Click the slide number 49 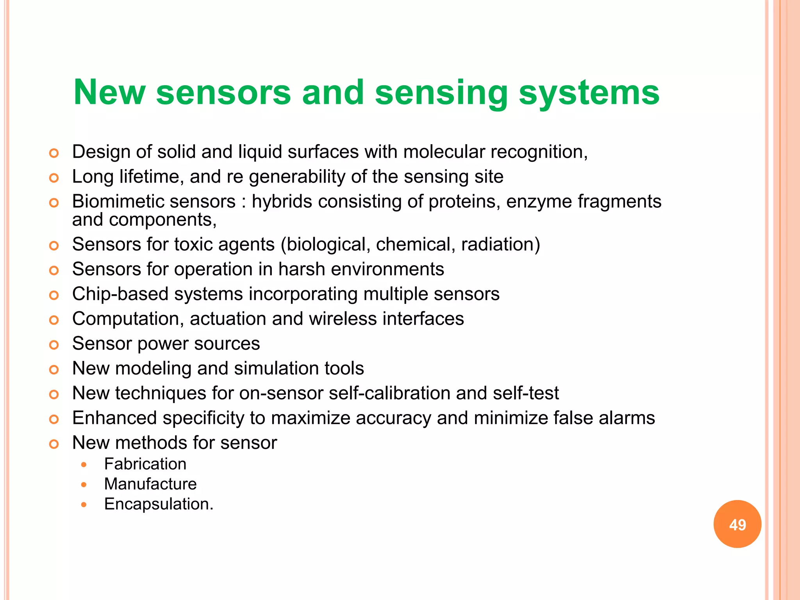pyautogui.click(x=737, y=524)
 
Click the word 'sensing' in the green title pyautogui.click(x=441, y=93)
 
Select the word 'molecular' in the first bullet pyautogui.click(x=444, y=152)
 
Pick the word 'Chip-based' pyautogui.click(x=120, y=294)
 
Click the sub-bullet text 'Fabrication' pyautogui.click(x=145, y=464)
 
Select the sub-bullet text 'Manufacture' pyautogui.click(x=150, y=484)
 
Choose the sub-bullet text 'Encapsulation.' pyautogui.click(x=159, y=504)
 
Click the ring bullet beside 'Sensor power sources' pyautogui.click(x=54, y=345)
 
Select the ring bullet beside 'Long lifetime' pyautogui.click(x=54, y=178)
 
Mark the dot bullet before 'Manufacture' pyautogui.click(x=84, y=485)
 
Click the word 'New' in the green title pyautogui.click(x=109, y=93)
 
